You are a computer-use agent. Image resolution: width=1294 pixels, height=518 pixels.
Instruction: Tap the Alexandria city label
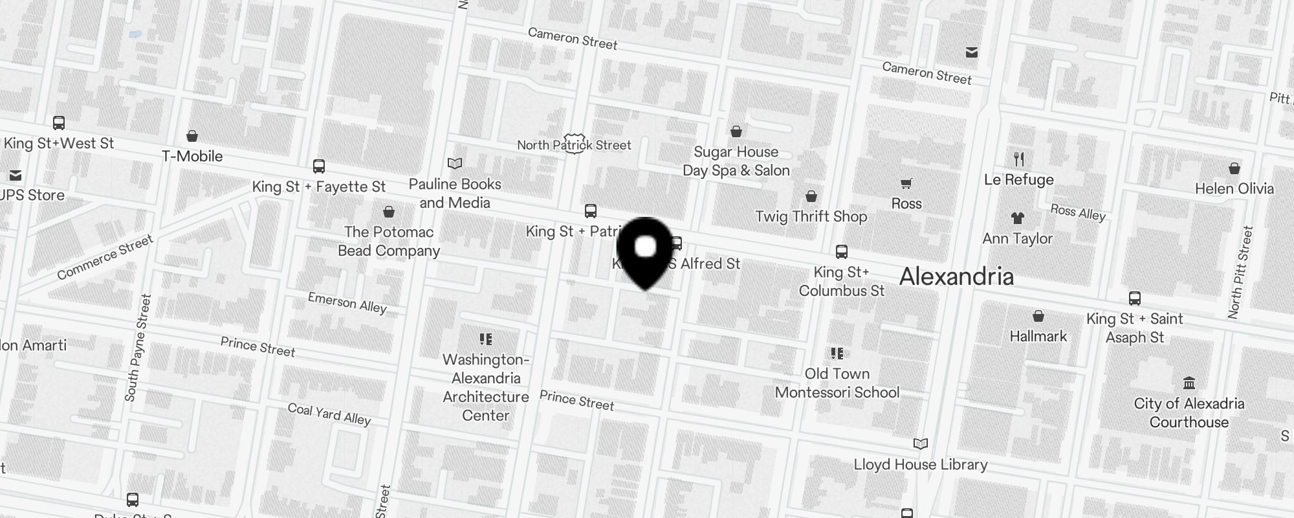[x=956, y=276]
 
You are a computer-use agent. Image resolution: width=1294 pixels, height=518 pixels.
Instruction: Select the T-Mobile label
[x=192, y=156]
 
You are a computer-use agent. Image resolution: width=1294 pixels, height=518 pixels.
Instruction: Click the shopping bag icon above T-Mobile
[x=192, y=136]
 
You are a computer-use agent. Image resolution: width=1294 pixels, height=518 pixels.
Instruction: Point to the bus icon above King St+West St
[x=59, y=122]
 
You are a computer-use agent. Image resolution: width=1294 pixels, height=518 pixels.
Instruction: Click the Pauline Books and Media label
[x=455, y=193]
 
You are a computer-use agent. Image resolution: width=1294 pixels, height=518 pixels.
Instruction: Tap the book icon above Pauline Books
[x=455, y=163]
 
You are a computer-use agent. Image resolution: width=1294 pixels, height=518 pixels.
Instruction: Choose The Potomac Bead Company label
[x=389, y=241]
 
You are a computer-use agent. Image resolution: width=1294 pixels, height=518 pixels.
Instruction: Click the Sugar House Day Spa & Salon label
[x=736, y=161]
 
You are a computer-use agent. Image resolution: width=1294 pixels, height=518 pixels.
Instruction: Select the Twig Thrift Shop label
[x=811, y=216]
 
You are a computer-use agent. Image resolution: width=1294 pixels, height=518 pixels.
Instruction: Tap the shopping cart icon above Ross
[x=906, y=184]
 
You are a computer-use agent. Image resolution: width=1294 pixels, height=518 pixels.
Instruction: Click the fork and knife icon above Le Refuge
[x=1019, y=159]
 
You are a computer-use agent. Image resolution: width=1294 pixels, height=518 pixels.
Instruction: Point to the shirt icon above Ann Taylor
[x=1018, y=218]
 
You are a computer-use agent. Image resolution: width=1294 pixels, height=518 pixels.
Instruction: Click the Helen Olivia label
[x=1234, y=188]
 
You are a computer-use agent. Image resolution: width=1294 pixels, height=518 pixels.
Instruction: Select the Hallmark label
[x=1038, y=336]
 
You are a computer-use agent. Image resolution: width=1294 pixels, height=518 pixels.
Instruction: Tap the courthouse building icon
[x=1189, y=383]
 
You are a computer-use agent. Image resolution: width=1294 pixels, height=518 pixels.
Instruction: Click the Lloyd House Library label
[x=920, y=464]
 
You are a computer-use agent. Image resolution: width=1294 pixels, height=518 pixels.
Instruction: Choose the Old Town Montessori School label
[x=837, y=383]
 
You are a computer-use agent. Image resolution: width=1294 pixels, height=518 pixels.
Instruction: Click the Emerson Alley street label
[x=347, y=302]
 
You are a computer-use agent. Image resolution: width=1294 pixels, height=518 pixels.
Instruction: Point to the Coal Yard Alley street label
[x=329, y=414]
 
